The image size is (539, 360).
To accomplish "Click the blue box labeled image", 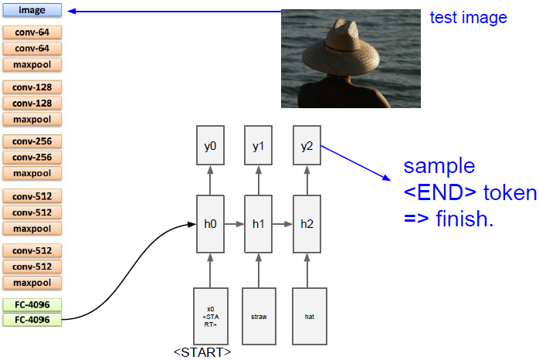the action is (32, 11).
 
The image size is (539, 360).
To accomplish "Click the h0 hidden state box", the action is (210, 225).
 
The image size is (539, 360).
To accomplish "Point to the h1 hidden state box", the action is (258, 225).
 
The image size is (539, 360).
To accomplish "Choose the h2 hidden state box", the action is (307, 225).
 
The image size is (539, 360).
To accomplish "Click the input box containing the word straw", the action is (258, 317).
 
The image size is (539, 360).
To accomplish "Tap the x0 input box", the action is (210, 317).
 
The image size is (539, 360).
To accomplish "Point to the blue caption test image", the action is (468, 17).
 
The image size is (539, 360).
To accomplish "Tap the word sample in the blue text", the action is (437, 167).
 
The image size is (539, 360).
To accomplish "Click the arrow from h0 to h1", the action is (234, 225).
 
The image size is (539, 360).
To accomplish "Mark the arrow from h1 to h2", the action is (283, 225).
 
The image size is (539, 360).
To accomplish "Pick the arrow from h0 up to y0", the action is (210, 181).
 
